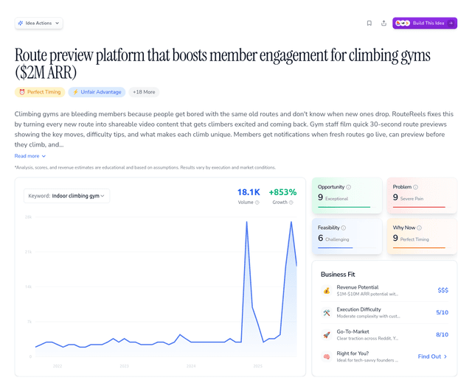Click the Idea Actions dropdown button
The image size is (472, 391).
(x=38, y=23)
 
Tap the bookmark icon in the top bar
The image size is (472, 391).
(x=369, y=23)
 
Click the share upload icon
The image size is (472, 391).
(x=383, y=23)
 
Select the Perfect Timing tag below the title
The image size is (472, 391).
(x=39, y=92)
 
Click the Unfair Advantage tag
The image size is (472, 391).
(x=97, y=92)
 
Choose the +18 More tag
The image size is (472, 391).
(x=144, y=92)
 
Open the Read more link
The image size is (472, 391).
(x=30, y=156)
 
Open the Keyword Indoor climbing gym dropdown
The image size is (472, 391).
(x=67, y=196)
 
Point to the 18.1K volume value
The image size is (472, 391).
(x=249, y=192)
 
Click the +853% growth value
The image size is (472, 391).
(x=282, y=192)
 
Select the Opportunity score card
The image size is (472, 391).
(x=347, y=196)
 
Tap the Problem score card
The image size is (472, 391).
(x=421, y=196)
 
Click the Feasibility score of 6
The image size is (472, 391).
(x=321, y=238)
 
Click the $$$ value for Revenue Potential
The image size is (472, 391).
(x=442, y=291)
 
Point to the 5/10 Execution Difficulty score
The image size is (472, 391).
(x=442, y=313)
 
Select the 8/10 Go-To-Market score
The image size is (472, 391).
(x=442, y=335)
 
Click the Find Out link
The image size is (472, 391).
(x=432, y=356)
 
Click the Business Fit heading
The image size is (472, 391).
(x=339, y=274)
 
